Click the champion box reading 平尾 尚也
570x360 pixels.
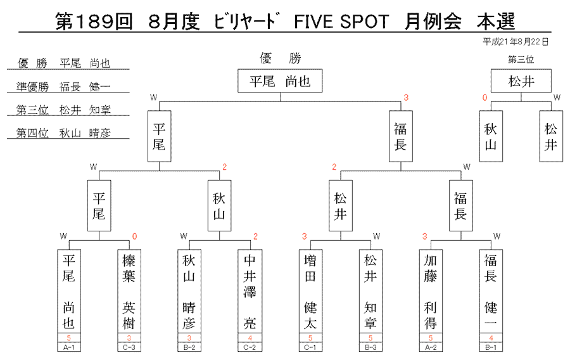[x=280, y=80]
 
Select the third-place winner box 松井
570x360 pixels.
[x=521, y=80]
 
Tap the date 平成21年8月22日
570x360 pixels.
[x=516, y=42]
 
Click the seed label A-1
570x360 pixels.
[x=68, y=347]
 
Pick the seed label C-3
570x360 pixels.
[x=129, y=347]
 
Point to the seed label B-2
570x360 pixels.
[x=189, y=347]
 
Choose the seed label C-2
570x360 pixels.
[x=250, y=347]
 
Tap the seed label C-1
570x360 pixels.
[x=310, y=347]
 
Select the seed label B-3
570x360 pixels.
[x=370, y=347]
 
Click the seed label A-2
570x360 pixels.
[x=431, y=347]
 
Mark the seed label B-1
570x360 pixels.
[x=491, y=347]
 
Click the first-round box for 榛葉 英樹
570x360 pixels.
[x=129, y=292]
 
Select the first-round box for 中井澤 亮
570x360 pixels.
[x=250, y=292]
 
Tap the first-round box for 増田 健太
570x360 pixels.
[x=310, y=292]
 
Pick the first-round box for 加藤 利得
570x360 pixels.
[x=431, y=292]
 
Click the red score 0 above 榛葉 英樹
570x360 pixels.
[x=134, y=237]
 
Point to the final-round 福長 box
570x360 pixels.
[x=401, y=136]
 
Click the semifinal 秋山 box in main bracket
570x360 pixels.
[x=219, y=206]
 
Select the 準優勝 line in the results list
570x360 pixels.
[x=68, y=87]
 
